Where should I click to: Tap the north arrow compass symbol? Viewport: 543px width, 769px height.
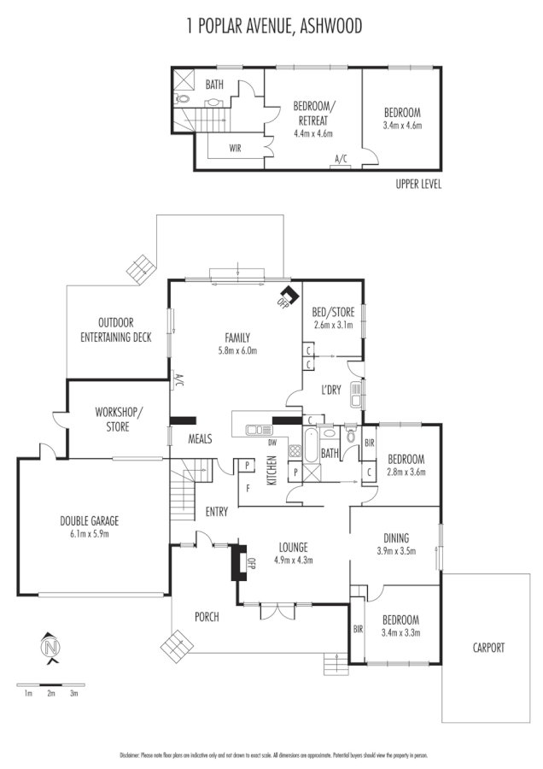(x=51, y=648)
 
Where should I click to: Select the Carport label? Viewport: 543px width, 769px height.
(x=488, y=648)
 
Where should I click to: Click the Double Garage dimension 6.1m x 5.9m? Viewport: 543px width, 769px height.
(x=89, y=533)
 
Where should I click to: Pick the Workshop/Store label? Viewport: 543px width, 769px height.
(x=119, y=419)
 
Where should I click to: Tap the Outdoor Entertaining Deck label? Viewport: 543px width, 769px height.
(x=116, y=330)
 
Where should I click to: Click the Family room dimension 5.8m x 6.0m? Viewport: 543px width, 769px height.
(x=236, y=350)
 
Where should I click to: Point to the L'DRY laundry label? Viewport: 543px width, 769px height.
(x=332, y=390)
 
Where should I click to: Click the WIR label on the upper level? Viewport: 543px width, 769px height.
(x=235, y=148)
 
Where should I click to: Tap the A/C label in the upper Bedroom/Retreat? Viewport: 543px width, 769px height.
(x=342, y=158)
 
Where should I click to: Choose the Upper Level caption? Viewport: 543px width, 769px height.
(x=418, y=184)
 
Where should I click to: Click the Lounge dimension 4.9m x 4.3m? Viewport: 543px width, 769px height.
(x=292, y=561)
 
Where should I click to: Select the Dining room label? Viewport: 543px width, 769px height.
(x=395, y=537)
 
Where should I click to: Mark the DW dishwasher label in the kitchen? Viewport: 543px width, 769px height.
(x=272, y=443)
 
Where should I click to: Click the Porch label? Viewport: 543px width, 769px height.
(x=207, y=616)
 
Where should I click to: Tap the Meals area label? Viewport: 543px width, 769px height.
(x=200, y=439)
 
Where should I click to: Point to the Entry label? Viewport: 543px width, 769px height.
(x=217, y=512)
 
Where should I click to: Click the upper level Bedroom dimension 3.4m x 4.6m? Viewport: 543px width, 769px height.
(x=402, y=126)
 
